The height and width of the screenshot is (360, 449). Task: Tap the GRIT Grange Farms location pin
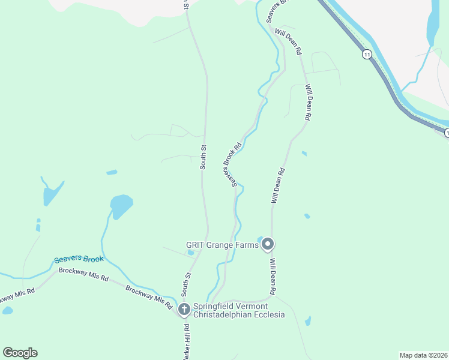(x=268, y=244)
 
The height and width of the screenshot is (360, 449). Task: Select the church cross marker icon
(x=184, y=310)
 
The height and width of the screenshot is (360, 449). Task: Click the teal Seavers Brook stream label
(x=79, y=260)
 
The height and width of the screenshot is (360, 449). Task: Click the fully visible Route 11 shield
(x=366, y=55)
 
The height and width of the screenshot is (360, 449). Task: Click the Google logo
(x=20, y=353)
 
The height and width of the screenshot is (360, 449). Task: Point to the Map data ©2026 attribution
(x=423, y=355)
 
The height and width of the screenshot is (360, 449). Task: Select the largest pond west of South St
(x=121, y=205)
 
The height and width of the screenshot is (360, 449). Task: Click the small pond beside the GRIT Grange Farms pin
(x=260, y=240)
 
